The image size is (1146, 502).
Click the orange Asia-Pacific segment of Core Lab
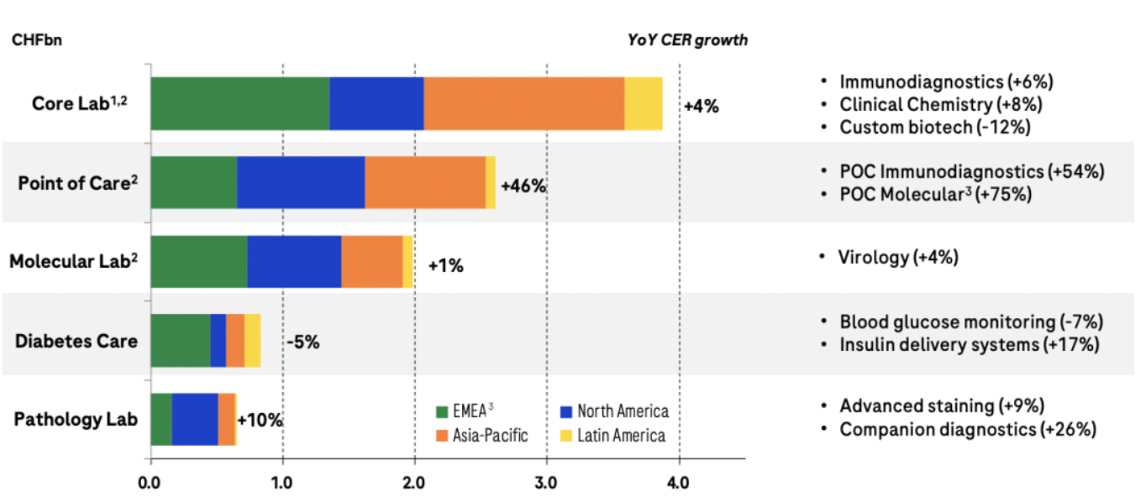pos(523,103)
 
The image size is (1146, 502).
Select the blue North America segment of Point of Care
pos(300,181)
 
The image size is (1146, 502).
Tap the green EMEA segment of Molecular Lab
pos(198,261)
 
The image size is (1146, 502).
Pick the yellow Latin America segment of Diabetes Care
pos(252,340)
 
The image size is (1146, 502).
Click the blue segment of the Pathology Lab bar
pos(194,418)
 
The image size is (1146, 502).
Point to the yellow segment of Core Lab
pos(643,103)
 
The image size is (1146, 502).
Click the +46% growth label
pos(523,186)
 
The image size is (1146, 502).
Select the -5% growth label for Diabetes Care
pos(302,343)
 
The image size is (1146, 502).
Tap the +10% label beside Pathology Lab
pos(260,420)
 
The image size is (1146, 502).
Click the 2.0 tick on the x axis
pos(414,483)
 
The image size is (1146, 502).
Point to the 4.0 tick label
pos(678,483)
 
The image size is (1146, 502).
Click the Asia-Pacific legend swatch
pos(442,436)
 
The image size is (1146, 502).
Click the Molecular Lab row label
pos(73,262)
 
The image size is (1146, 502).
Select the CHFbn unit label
pos(34,40)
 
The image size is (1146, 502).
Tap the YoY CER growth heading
pos(687,40)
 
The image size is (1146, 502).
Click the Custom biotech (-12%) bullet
pos(934,127)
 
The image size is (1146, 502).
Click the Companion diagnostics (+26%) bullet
pos(968,429)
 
